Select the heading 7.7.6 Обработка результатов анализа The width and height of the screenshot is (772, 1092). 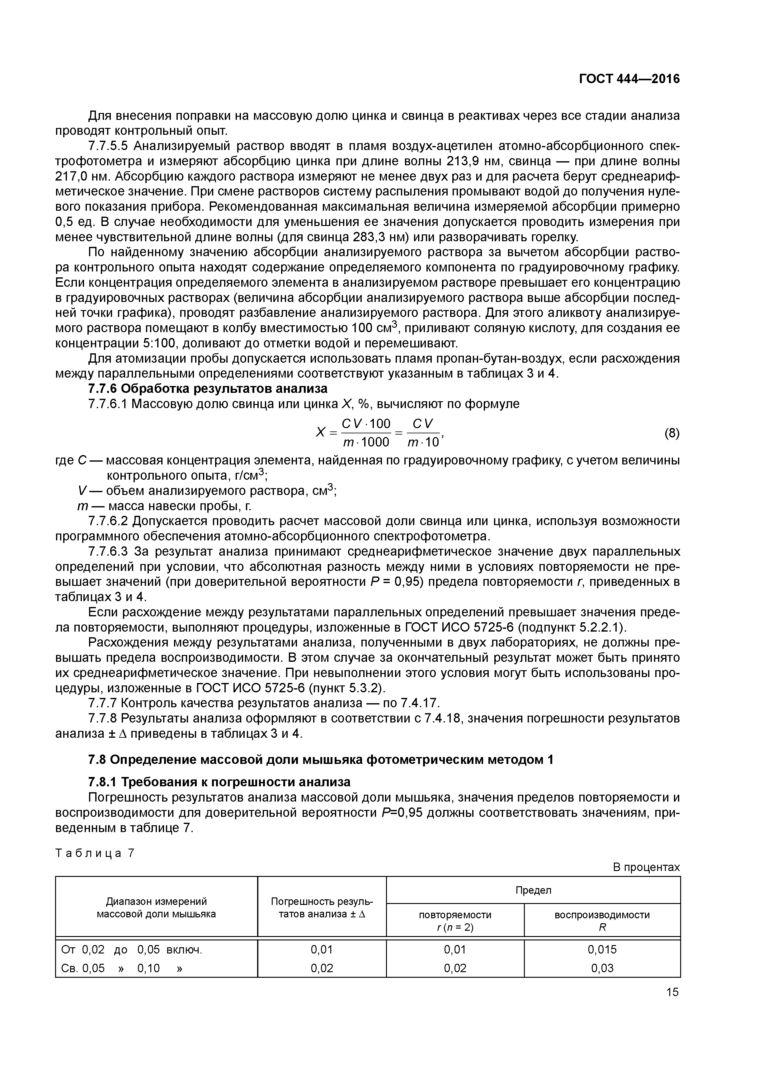click(208, 388)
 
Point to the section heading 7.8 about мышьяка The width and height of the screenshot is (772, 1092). click(321, 760)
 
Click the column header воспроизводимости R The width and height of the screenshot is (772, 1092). click(602, 921)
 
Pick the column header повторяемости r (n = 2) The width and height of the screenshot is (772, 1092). click(455, 921)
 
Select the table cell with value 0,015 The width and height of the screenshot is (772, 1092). click(602, 950)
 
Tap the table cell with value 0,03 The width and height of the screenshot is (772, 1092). click(602, 968)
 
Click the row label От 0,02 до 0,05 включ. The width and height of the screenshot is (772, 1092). click(132, 950)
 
